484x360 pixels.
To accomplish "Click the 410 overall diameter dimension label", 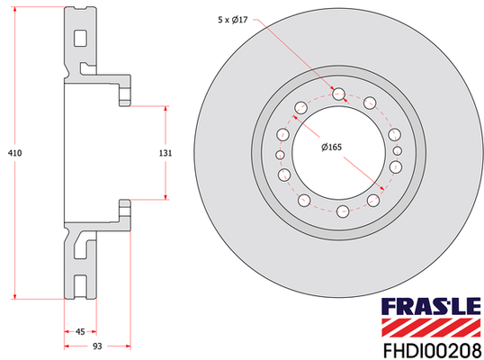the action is [x=14, y=153].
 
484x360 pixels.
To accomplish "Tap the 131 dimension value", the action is [x=166, y=153].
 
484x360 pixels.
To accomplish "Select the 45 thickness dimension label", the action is [x=80, y=331].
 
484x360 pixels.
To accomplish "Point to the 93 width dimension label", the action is [x=97, y=346].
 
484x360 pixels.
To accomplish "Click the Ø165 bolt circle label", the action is [x=332, y=148].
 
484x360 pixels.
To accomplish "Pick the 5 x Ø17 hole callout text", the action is [x=233, y=20].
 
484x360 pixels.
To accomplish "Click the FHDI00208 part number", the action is [x=432, y=351].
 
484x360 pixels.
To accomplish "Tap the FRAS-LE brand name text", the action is [x=431, y=306].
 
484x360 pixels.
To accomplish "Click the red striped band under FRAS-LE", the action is [x=431, y=328].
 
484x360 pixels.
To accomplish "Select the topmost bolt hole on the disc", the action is [x=338, y=94].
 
